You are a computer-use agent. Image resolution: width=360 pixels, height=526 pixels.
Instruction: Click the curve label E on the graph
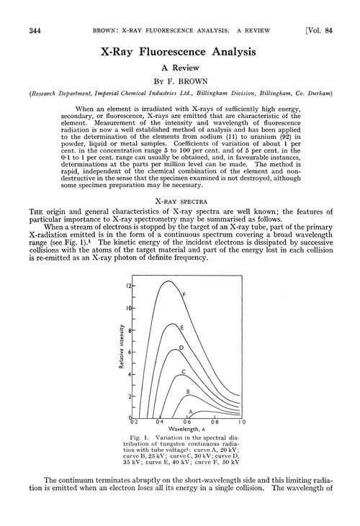[x=181, y=328]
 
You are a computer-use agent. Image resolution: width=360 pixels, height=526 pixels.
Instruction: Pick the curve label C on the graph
[x=184, y=371]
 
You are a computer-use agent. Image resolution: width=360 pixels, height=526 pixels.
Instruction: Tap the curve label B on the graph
[x=188, y=392]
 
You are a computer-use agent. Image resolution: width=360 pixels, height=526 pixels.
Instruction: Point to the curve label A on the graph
[x=190, y=412]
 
